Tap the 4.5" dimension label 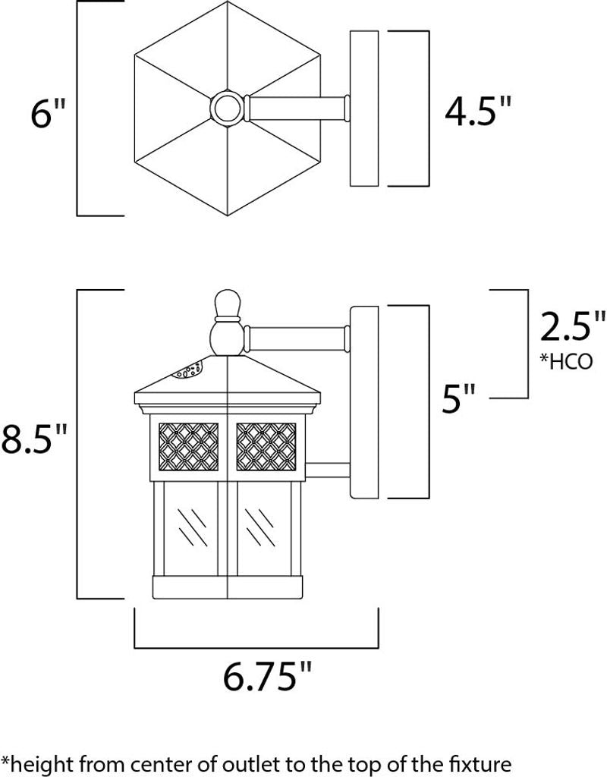477,110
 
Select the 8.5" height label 33,439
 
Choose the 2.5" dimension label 572,326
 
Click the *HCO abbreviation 566,362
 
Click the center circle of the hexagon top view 228,107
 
